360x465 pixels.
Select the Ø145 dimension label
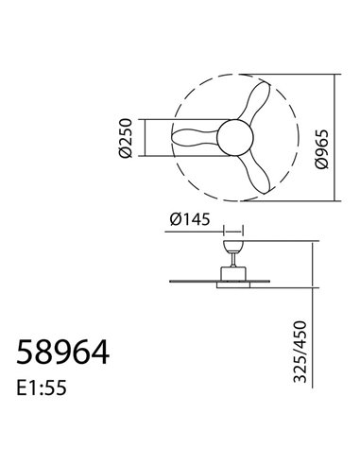pyautogui.click(x=190, y=221)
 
